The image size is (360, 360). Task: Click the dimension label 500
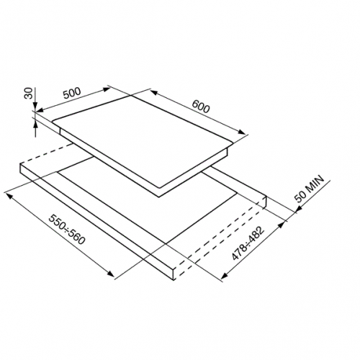(x=72, y=93)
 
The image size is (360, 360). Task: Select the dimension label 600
(x=201, y=107)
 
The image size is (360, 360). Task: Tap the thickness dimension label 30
(x=28, y=93)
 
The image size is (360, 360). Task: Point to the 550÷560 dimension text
(x=67, y=230)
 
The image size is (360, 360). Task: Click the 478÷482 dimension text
(x=248, y=243)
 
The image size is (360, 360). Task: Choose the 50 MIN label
(x=309, y=189)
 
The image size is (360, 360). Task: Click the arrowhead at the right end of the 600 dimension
(x=242, y=132)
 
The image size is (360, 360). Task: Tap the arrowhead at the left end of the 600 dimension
(x=154, y=92)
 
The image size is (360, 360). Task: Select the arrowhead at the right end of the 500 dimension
(x=107, y=89)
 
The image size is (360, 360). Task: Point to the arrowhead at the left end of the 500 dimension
(x=39, y=110)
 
